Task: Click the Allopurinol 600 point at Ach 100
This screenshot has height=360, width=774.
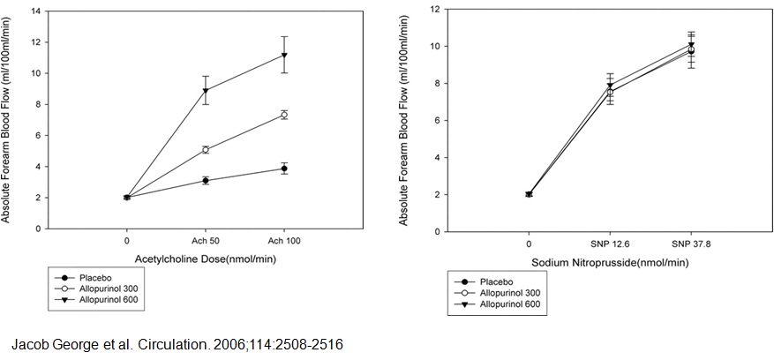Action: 284,56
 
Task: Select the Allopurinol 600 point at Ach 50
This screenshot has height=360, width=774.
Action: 206,90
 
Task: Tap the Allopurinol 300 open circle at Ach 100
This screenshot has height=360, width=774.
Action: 284,115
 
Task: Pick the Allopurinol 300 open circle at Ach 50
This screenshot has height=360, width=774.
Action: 206,150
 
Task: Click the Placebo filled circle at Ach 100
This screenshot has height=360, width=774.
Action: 284,169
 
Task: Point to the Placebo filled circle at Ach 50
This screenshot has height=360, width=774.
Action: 206,181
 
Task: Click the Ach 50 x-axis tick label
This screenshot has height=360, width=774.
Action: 206,240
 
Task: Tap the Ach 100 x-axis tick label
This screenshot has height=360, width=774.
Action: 284,240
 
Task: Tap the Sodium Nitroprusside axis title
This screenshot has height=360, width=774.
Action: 608,263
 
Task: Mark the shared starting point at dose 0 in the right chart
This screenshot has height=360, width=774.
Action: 529,194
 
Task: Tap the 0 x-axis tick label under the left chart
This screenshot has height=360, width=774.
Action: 127,240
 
